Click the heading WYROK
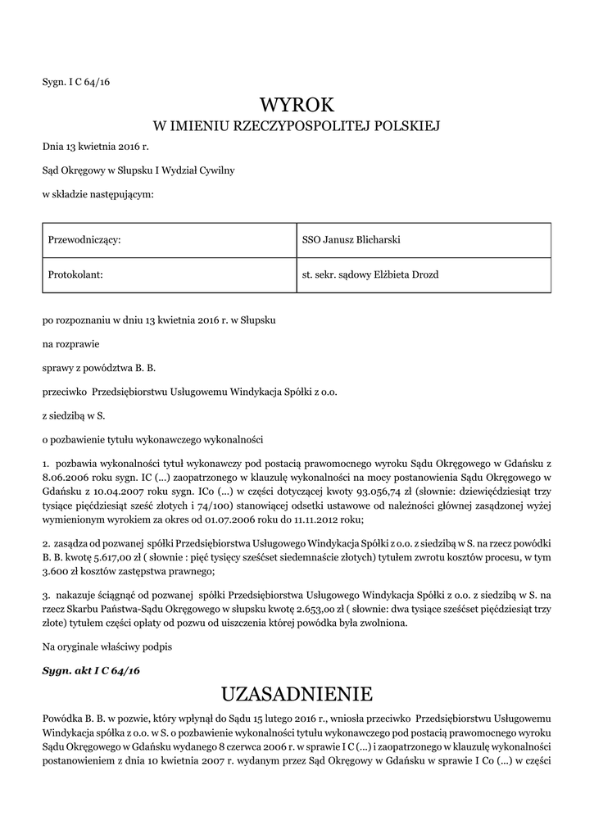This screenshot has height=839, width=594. coord(297,104)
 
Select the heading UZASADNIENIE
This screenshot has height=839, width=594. coord(297,695)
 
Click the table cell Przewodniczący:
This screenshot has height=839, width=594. coord(84,239)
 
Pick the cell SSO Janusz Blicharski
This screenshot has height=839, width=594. coord(351,239)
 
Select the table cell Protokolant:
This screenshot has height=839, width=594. coord(76,274)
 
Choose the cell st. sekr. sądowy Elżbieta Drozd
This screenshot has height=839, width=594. coord(370,274)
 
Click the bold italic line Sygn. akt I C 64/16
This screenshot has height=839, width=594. coord(91,670)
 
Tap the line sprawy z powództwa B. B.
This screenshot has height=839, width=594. coord(99,368)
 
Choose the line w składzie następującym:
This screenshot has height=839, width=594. coord(97,194)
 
